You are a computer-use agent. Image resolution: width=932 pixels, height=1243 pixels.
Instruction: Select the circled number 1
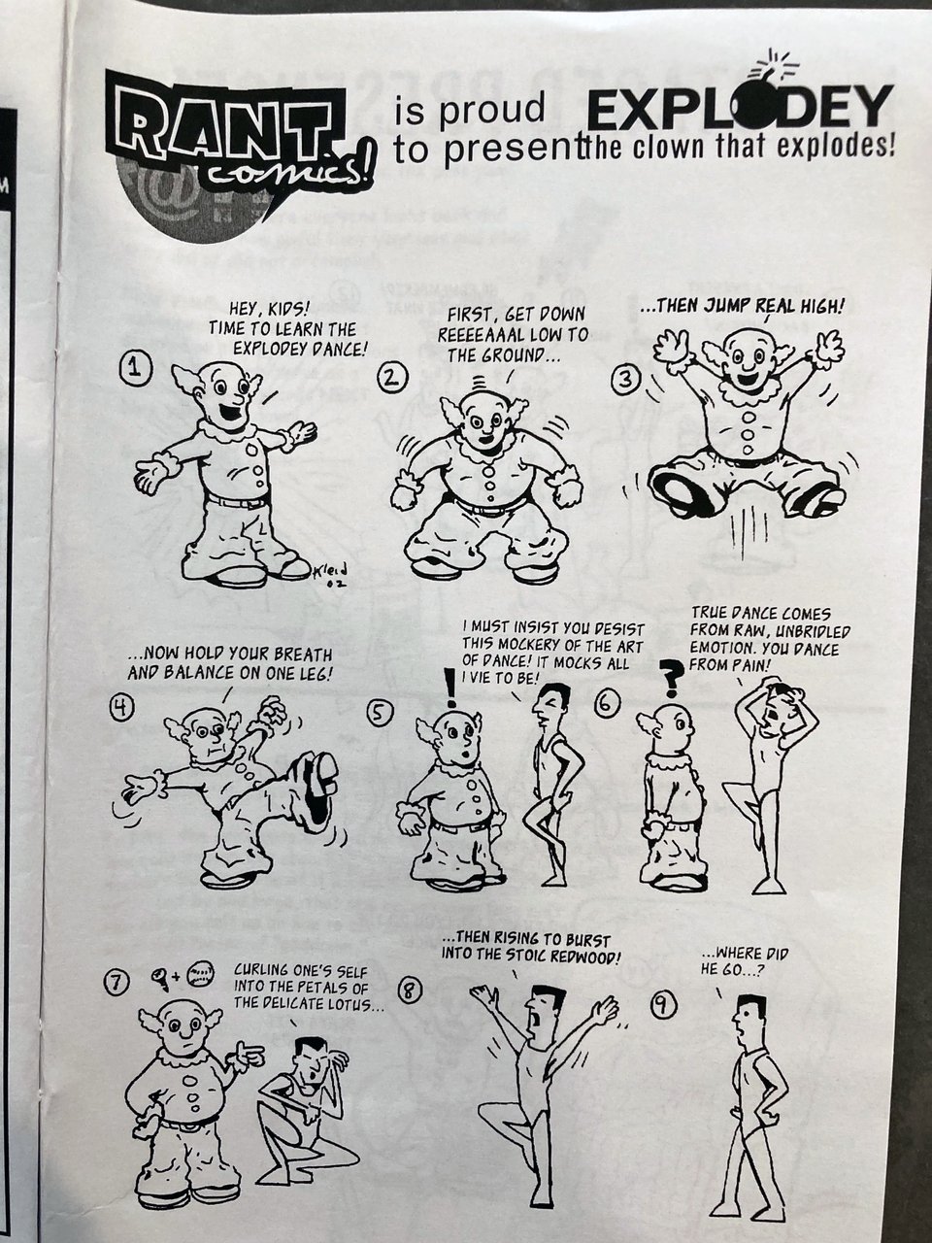tap(135, 369)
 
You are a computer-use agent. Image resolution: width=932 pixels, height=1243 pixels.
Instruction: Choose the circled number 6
tap(607, 704)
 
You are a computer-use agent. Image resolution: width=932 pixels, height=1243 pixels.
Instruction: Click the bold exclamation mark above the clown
tap(451, 688)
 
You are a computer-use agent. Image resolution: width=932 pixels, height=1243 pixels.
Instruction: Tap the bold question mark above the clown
tap(672, 679)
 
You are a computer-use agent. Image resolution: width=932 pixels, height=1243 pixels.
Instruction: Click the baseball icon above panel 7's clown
tap(202, 975)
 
